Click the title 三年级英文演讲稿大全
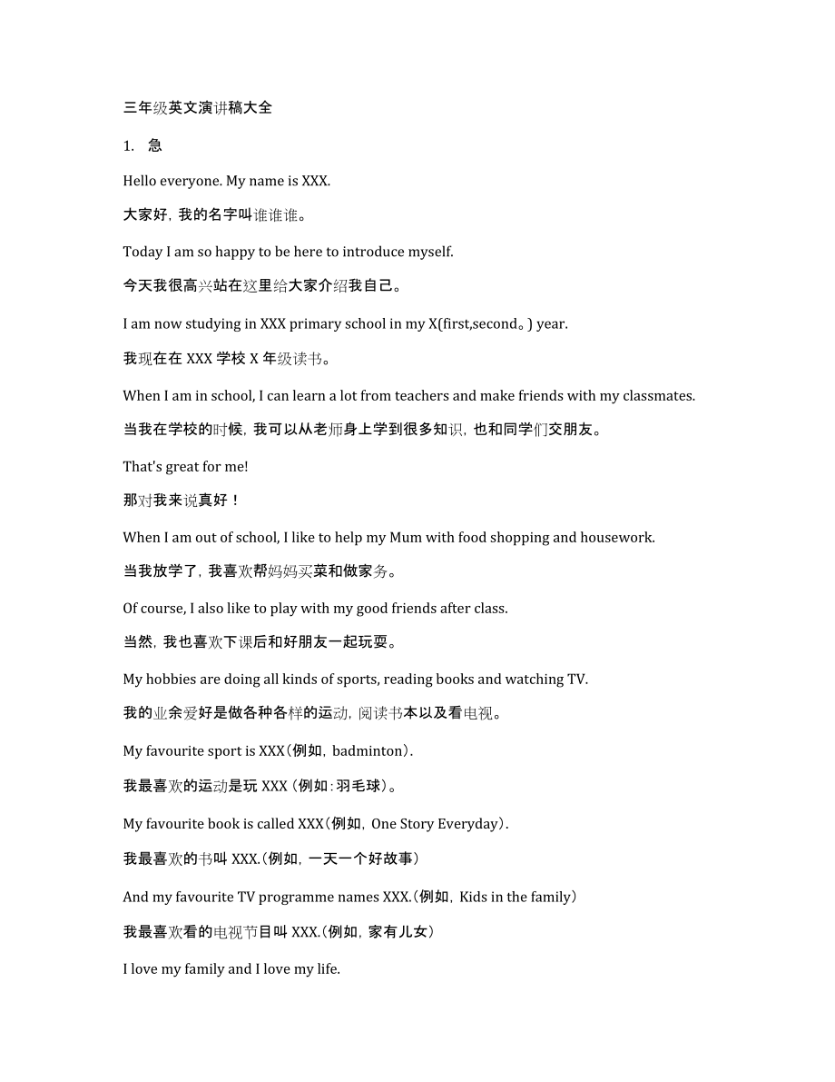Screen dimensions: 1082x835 198,108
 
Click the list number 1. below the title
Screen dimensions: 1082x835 128,145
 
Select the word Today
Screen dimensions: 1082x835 142,252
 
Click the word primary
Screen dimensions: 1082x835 314,323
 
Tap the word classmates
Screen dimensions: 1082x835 660,395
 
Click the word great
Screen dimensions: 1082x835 182,466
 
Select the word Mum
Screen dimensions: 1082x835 406,537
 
